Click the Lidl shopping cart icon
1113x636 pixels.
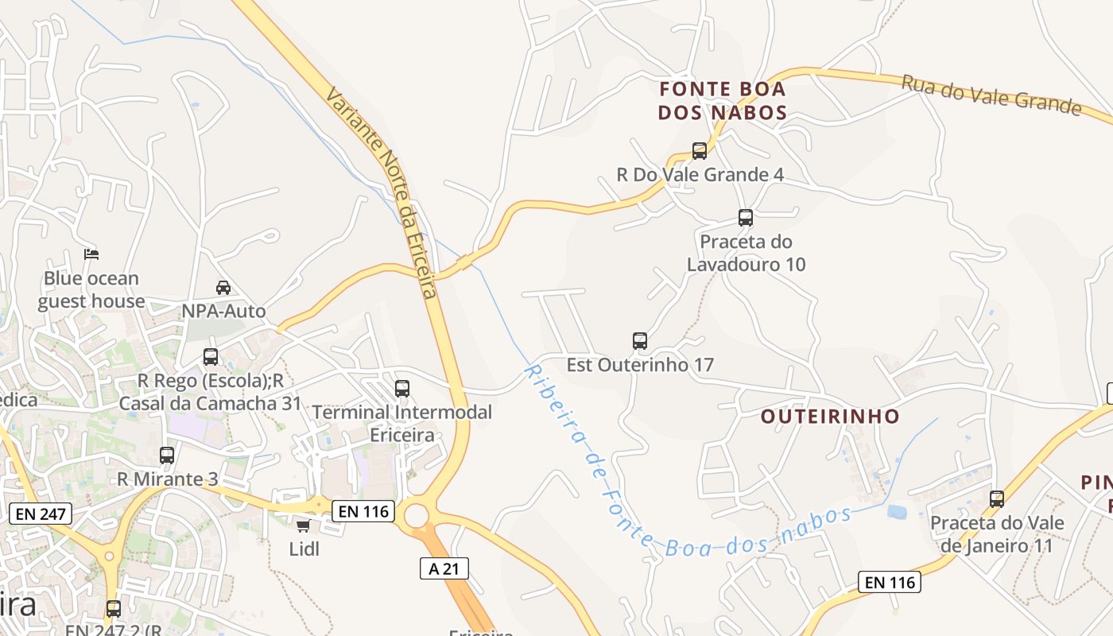pyautogui.click(x=303, y=526)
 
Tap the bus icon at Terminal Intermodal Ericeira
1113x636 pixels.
pyautogui.click(x=402, y=389)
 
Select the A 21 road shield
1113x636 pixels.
pyautogui.click(x=444, y=568)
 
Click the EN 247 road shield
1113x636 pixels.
pyautogui.click(x=41, y=513)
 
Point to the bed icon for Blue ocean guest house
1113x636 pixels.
pyautogui.click(x=91, y=254)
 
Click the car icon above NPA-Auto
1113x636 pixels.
pyautogui.click(x=223, y=287)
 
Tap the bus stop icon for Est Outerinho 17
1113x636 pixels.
pyautogui.click(x=640, y=341)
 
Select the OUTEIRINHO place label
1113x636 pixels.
pyautogui.click(x=830, y=416)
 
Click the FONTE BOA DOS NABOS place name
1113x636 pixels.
pyautogui.click(x=722, y=100)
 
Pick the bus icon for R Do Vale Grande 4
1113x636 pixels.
pyautogui.click(x=700, y=150)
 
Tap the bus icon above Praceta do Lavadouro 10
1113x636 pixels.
pyautogui.click(x=746, y=217)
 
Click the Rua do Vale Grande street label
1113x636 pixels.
pyautogui.click(x=991, y=95)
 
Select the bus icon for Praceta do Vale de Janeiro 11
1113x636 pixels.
pyautogui.click(x=997, y=499)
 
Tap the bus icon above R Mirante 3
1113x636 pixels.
pyautogui.click(x=167, y=456)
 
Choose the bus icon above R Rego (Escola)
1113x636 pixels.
pyautogui.click(x=211, y=357)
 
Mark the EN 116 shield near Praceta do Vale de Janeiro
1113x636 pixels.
pyautogui.click(x=890, y=582)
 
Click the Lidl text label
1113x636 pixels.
pyautogui.click(x=304, y=549)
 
